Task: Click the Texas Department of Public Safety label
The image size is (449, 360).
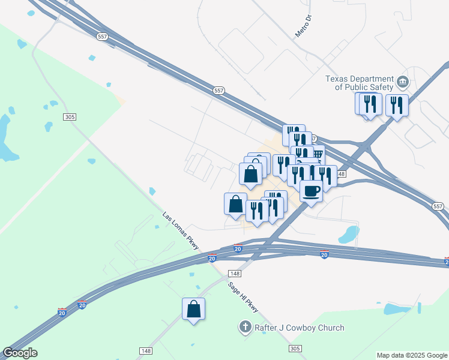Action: point(359,83)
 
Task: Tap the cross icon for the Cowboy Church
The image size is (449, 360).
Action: point(245,328)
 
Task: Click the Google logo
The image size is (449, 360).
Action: point(20,353)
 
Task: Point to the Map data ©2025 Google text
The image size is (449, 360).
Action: point(412,355)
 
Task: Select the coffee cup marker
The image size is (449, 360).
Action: point(311,191)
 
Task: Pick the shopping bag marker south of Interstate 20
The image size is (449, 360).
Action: point(193,309)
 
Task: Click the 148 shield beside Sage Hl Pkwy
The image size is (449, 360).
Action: point(234,274)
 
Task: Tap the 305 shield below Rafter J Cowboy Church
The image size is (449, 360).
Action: point(294,349)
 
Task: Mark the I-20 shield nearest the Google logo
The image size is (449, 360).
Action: point(62,312)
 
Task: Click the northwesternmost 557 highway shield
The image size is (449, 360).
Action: point(101,37)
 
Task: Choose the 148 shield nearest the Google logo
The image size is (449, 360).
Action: point(145,350)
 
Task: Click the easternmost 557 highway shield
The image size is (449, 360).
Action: point(438,206)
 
